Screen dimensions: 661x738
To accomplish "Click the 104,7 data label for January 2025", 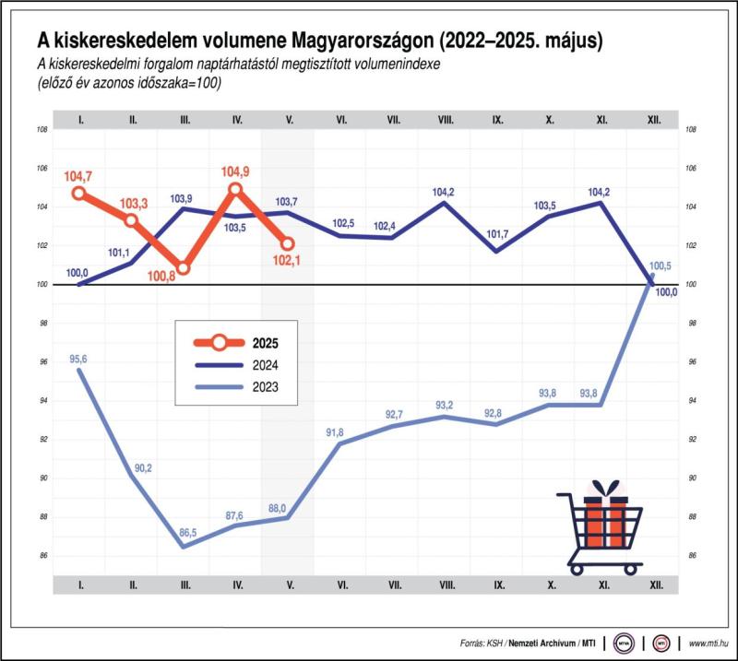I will tap(79, 174).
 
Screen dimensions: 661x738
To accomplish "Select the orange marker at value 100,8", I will tap(184, 268).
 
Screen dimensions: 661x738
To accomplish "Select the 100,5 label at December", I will tap(661, 266).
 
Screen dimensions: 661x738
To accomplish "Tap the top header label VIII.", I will tap(446, 120).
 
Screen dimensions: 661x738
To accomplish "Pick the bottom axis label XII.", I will tap(654, 584).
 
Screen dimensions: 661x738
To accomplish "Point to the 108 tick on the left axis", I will tap(42, 130).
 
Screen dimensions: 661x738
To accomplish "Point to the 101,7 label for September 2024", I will tap(497, 234).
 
